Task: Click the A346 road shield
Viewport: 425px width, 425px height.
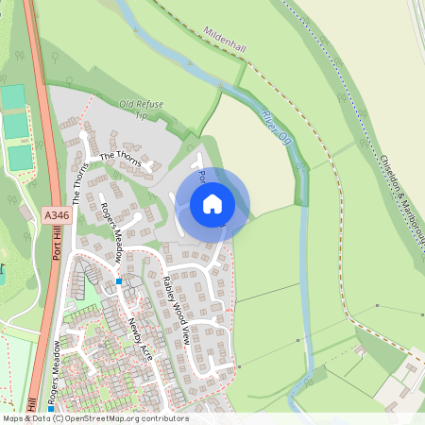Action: pyautogui.click(x=57, y=216)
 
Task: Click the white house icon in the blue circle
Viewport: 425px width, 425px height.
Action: pyautogui.click(x=212, y=204)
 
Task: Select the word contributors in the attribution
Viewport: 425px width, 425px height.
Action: pyautogui.click(x=163, y=417)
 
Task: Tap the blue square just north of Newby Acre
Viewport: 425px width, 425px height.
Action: pyautogui.click(x=119, y=281)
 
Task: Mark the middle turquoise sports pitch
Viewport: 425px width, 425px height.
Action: pyautogui.click(x=16, y=127)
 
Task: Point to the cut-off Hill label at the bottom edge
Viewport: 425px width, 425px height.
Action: pyautogui.click(x=32, y=404)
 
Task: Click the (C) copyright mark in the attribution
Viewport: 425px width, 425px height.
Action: pyautogui.click(x=59, y=417)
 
